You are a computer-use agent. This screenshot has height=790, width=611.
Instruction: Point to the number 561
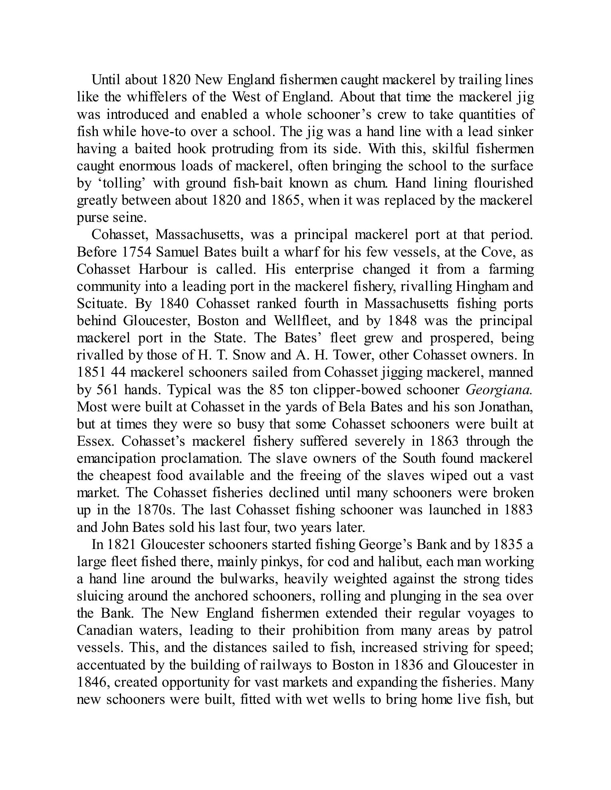pyautogui.click(x=111, y=389)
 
